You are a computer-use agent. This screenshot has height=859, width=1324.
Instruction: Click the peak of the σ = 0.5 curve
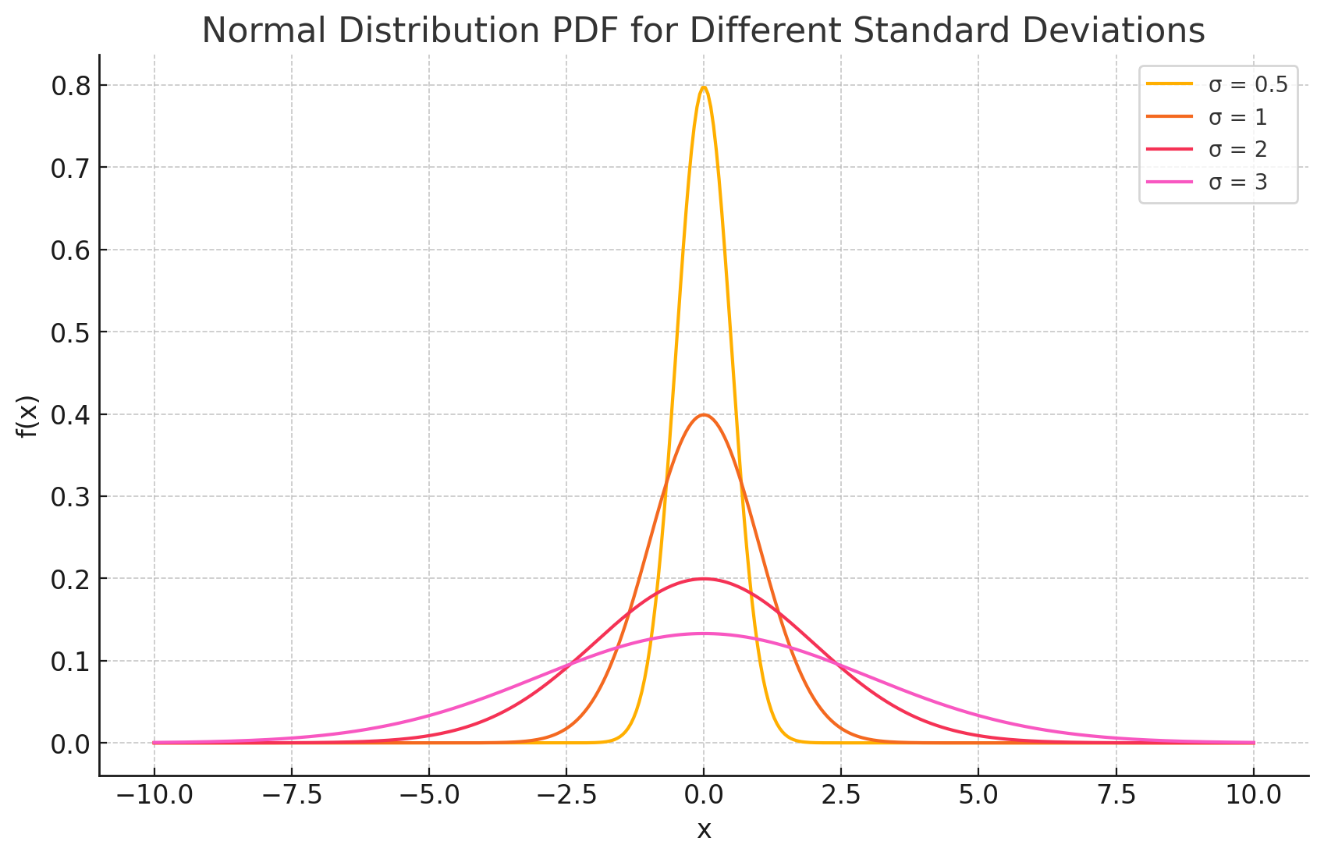pos(704,87)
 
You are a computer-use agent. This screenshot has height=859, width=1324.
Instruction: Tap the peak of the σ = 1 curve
pos(704,415)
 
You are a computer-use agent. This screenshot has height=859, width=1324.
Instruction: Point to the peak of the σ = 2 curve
pos(704,579)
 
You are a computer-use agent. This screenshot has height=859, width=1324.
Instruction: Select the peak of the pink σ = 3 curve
pos(704,634)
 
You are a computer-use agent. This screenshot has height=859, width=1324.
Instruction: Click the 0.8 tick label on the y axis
pos(69,86)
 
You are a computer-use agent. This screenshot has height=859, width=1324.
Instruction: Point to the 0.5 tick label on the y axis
pos(69,332)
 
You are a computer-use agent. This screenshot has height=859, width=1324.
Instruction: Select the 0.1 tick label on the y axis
pos(69,662)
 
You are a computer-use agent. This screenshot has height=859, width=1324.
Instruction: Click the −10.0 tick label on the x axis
pos(154,796)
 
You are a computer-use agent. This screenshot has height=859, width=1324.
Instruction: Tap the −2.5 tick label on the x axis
pos(566,796)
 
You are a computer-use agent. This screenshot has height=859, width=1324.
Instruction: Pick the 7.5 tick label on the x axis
pos(1116,796)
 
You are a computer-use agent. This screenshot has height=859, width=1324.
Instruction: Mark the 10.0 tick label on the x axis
pos(1253,796)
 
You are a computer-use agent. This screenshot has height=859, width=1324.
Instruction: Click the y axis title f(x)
pos(28,415)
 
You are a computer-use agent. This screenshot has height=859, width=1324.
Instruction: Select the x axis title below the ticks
pos(704,830)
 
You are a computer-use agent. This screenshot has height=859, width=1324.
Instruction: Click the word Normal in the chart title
pos(261,31)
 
